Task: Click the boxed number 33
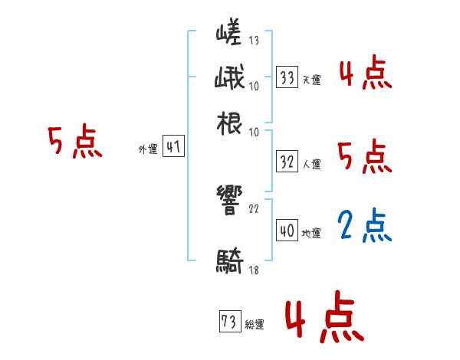coord(287,77)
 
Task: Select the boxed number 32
coord(287,162)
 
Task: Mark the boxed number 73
coord(228,322)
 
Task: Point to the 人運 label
coord(311,164)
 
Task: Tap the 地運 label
coord(311,232)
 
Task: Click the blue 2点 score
coord(364,225)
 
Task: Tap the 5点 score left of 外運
coord(74,142)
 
